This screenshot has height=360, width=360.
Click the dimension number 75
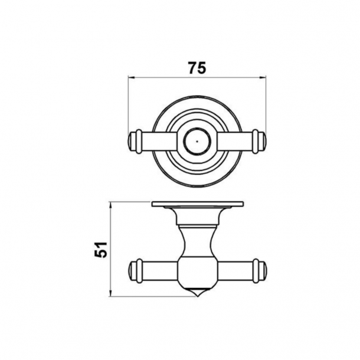(x=197, y=67)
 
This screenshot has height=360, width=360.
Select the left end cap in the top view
(x=134, y=142)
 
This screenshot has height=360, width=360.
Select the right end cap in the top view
(x=260, y=142)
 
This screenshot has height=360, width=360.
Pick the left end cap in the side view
(x=134, y=269)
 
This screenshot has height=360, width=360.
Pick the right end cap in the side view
(x=260, y=269)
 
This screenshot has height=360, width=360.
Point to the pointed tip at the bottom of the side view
(x=197, y=293)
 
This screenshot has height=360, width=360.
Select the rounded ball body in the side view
(x=197, y=269)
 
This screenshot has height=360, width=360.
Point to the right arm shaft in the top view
(x=236, y=142)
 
